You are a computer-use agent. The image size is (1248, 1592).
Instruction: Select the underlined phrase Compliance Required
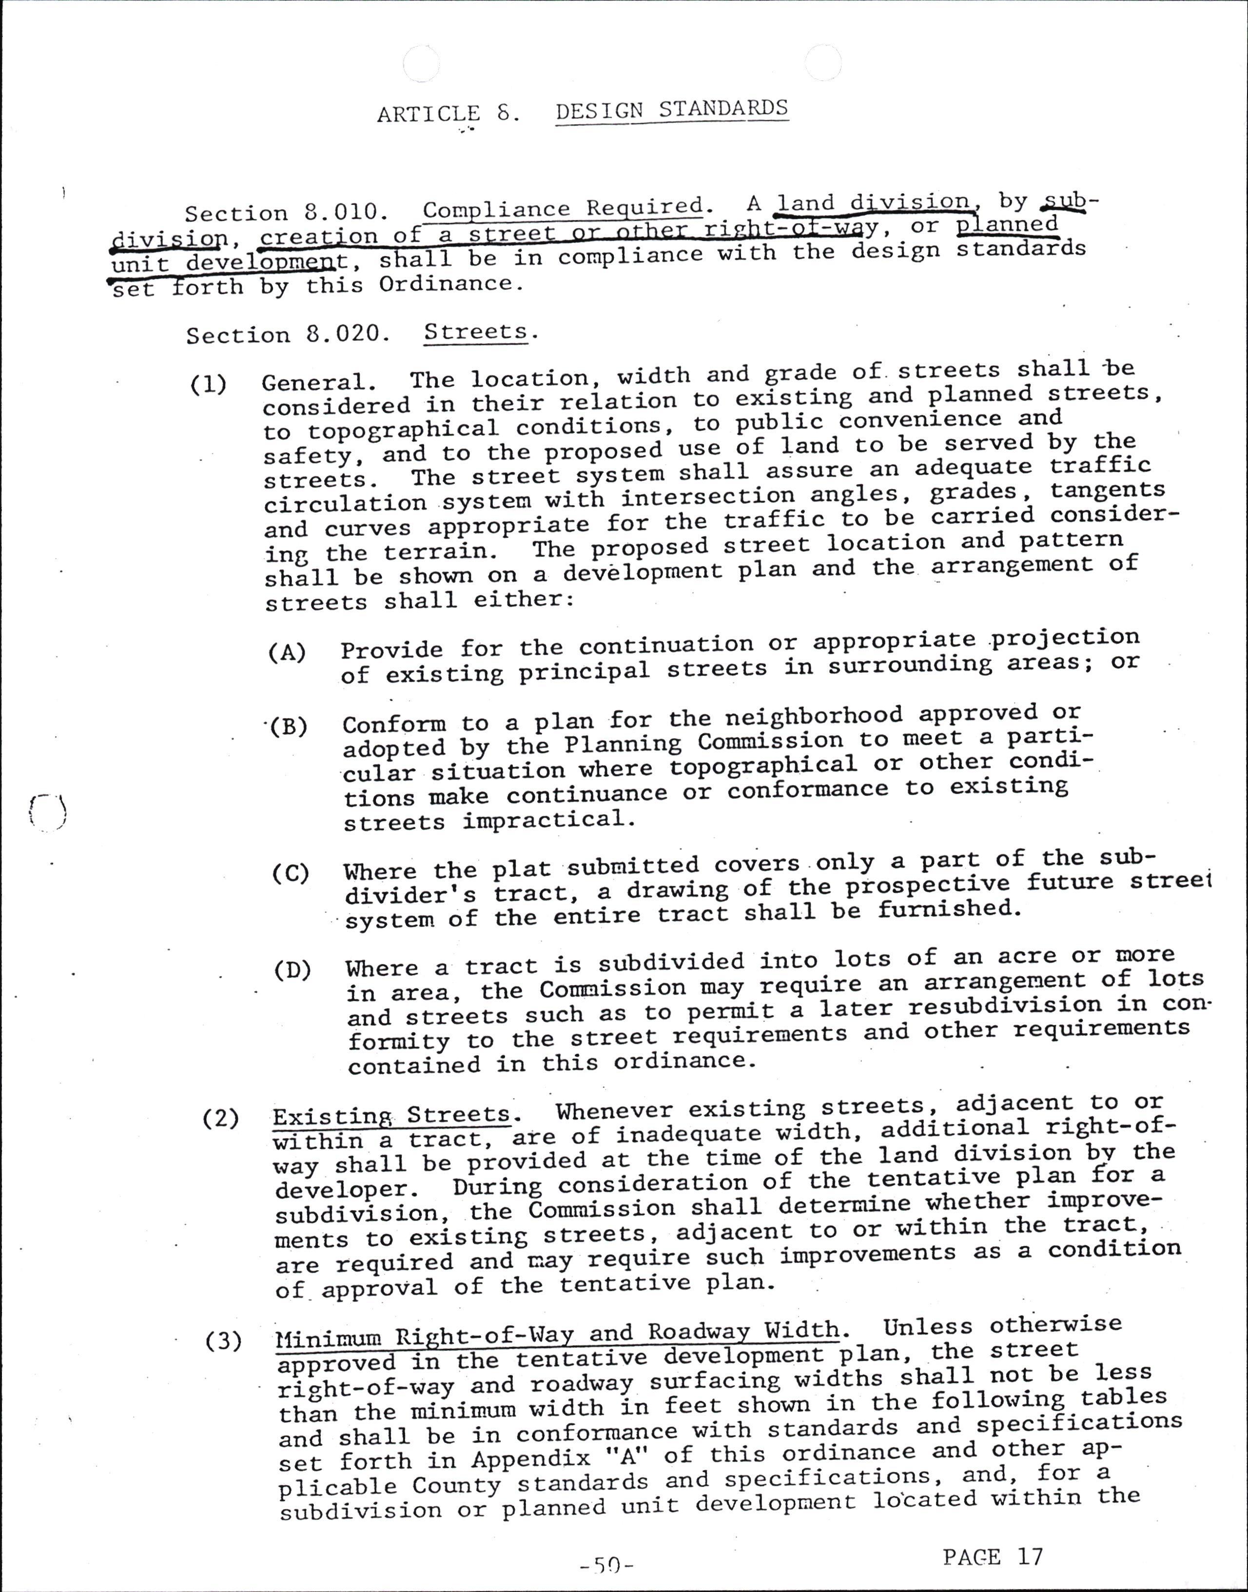(563, 208)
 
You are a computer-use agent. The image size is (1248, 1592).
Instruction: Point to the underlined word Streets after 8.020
(476, 332)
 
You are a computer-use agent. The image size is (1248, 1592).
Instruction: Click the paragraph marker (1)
(208, 384)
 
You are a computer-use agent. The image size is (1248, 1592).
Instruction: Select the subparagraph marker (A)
(287, 652)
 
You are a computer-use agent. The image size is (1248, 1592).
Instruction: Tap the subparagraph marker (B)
(289, 727)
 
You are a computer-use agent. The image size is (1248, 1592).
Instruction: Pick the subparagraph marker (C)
(291, 873)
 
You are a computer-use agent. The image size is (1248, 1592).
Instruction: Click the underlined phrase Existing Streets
(391, 1116)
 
